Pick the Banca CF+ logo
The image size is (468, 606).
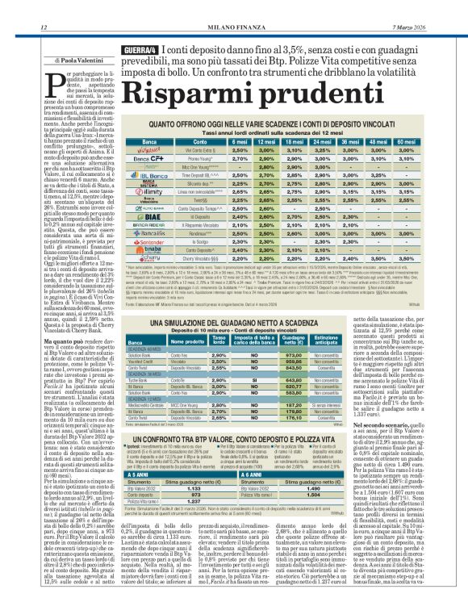[126, 161]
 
